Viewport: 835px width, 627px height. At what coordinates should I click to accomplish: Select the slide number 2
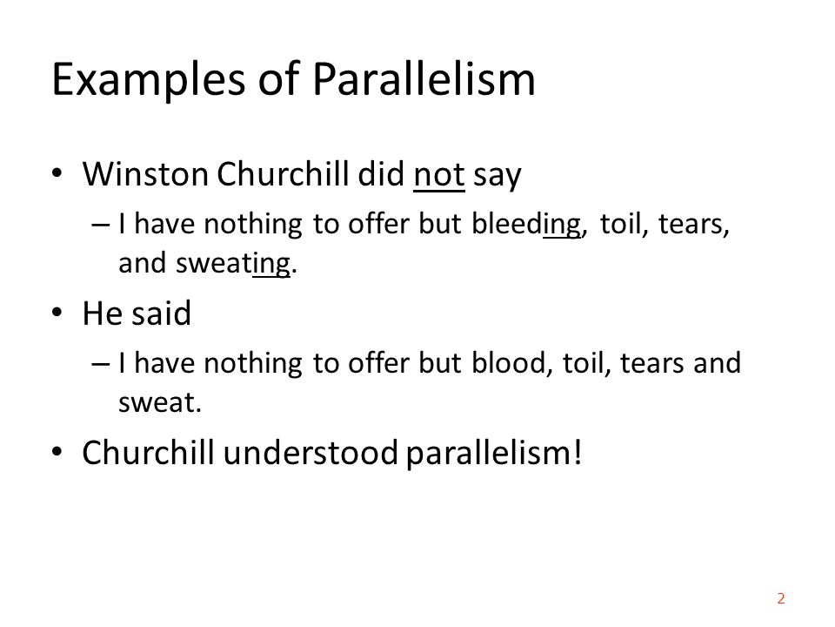780,598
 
